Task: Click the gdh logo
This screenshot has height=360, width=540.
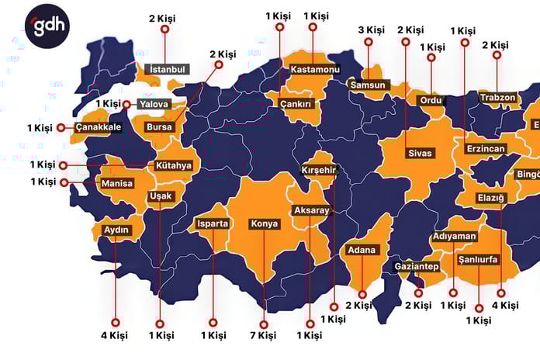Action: (x=47, y=28)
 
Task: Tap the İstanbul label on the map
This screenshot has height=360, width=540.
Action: (x=167, y=69)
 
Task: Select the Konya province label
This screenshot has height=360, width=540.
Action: (x=264, y=224)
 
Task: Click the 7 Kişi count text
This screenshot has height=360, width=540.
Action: (x=263, y=335)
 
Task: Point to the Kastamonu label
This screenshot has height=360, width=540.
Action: (x=316, y=70)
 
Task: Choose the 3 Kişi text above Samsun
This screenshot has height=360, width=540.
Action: (x=371, y=30)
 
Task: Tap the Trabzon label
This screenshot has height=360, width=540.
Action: (x=497, y=97)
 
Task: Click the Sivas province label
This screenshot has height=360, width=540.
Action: (x=419, y=153)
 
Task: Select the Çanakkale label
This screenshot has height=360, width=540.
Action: (x=99, y=127)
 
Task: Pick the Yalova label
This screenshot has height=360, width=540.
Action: (x=154, y=104)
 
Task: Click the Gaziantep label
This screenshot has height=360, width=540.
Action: (x=417, y=267)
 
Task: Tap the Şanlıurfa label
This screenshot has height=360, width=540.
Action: (x=478, y=259)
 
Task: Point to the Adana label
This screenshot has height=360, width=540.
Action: (x=362, y=250)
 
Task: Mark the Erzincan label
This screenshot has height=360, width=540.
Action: (x=486, y=148)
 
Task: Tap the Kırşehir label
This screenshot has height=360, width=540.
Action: (x=319, y=171)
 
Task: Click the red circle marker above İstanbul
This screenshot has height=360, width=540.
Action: (x=164, y=29)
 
